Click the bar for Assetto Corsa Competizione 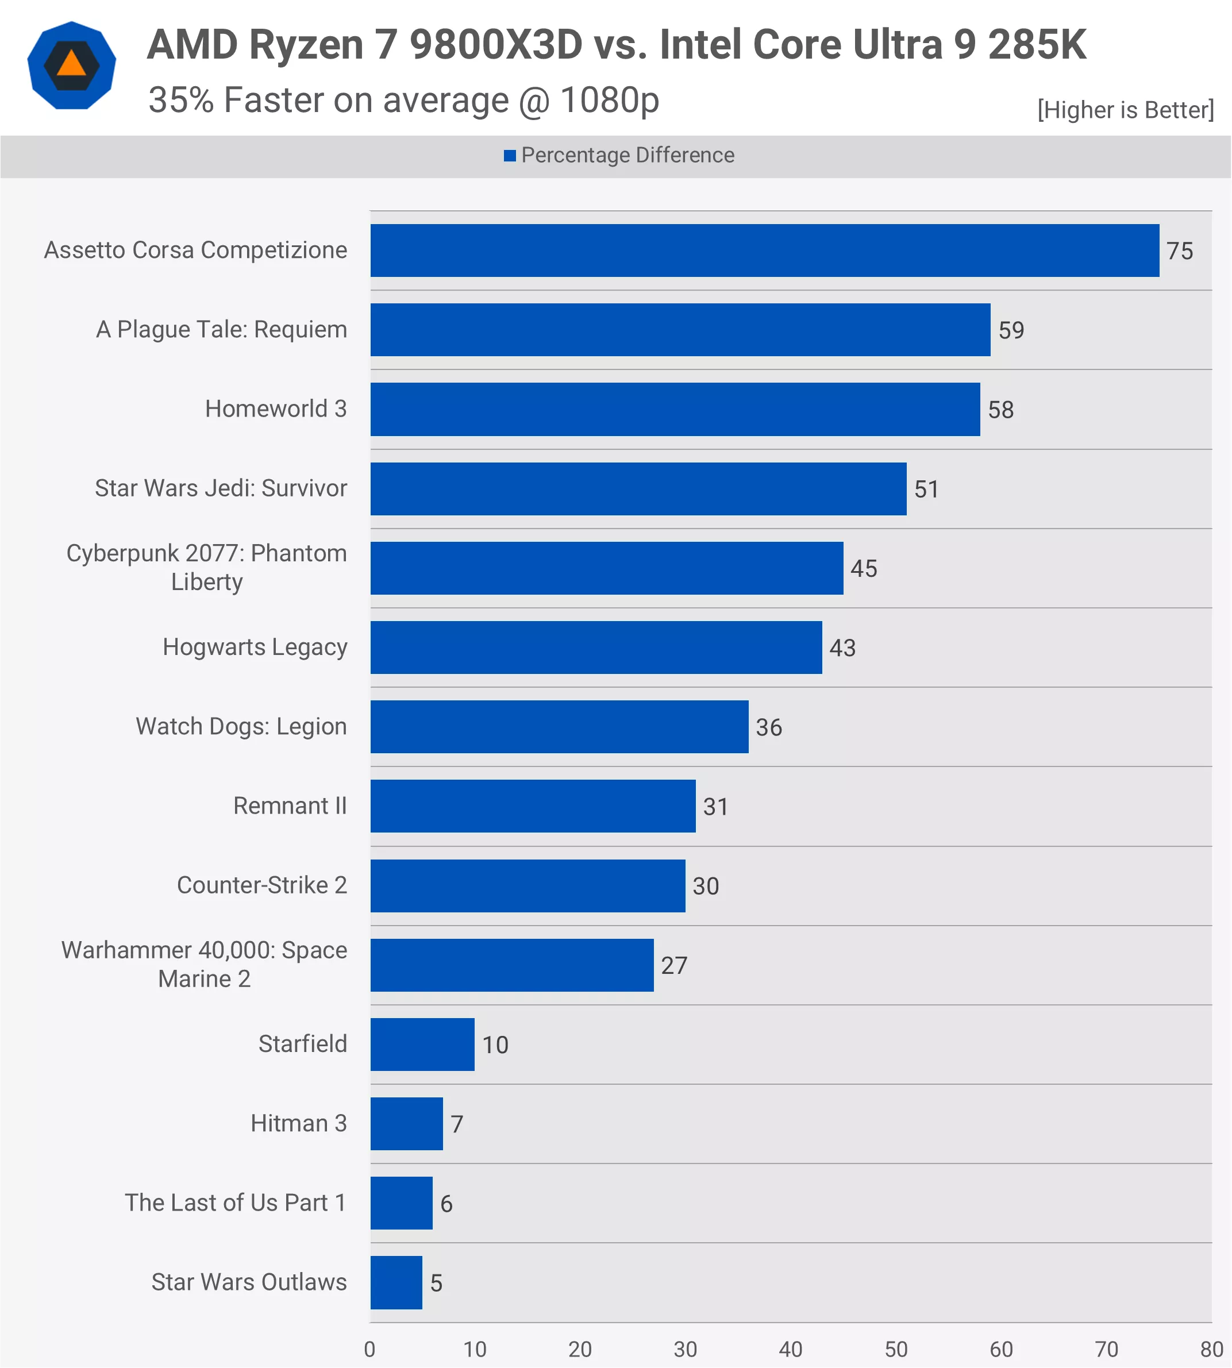click(764, 251)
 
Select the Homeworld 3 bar click(675, 409)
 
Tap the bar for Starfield click(422, 1044)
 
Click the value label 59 click(1011, 330)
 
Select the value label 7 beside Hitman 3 click(457, 1124)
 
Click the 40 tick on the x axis click(790, 1349)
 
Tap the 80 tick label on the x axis click(1211, 1349)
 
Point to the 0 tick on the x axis click(369, 1349)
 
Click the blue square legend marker click(510, 156)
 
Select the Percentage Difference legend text click(627, 156)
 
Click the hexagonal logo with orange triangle click(72, 65)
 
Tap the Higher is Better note click(1125, 110)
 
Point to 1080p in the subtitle click(609, 100)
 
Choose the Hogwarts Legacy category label click(255, 647)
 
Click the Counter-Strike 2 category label click(261, 885)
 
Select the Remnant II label click(290, 806)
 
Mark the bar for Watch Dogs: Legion click(559, 726)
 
